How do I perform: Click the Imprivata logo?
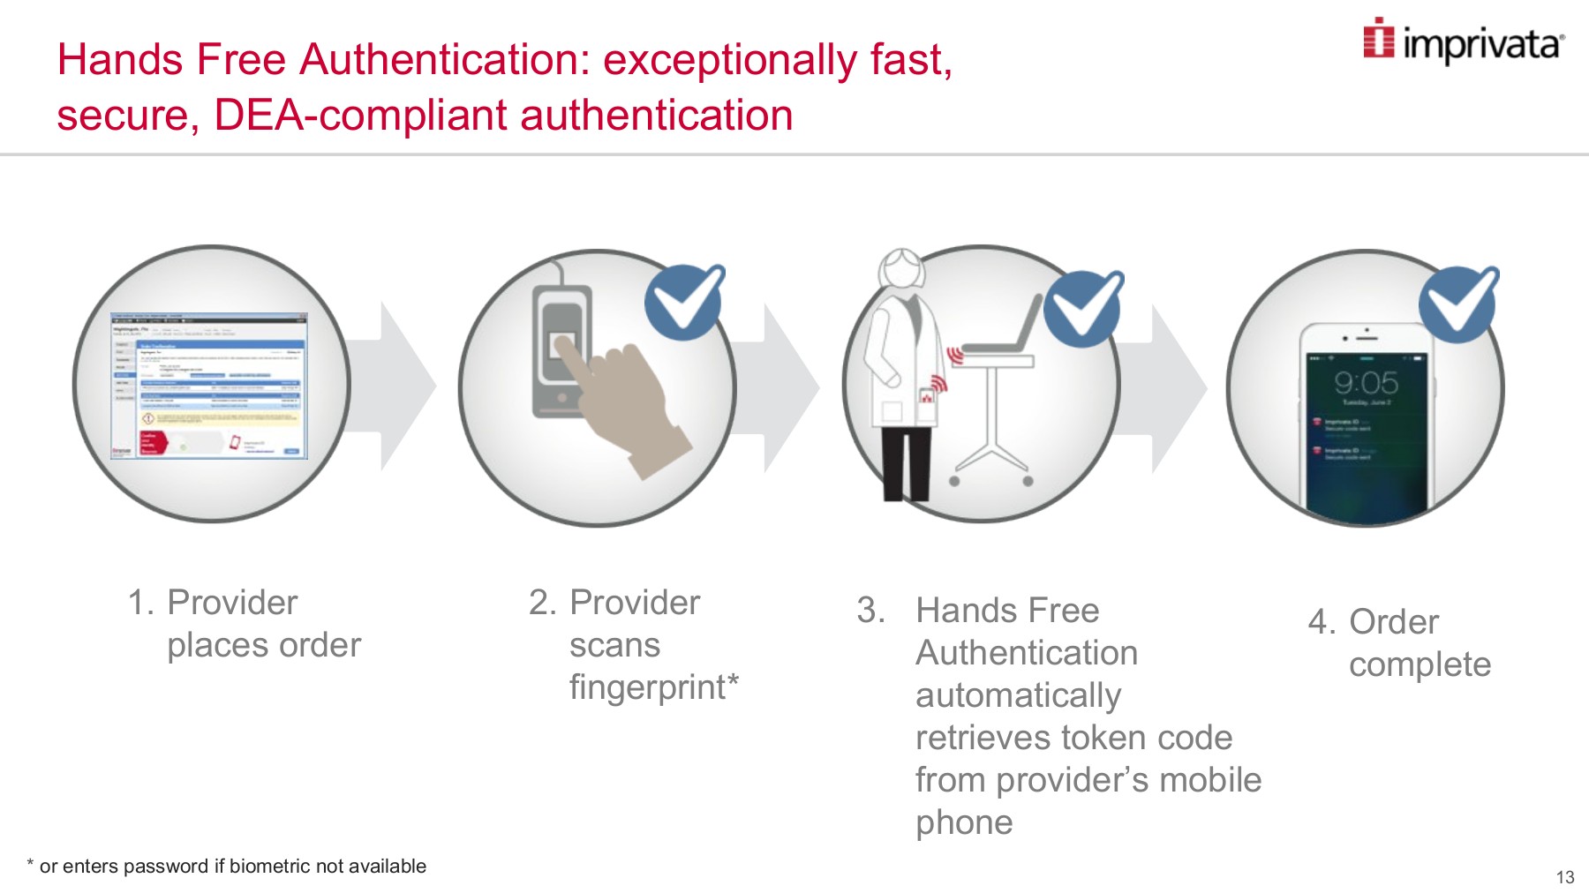pyautogui.click(x=1464, y=41)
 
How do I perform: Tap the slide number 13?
pyautogui.click(x=1564, y=877)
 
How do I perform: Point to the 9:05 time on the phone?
pyautogui.click(x=1366, y=383)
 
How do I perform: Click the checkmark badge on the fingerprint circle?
pyautogui.click(x=684, y=302)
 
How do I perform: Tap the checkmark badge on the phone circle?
pyautogui.click(x=1458, y=304)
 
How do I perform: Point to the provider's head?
pyautogui.click(x=901, y=269)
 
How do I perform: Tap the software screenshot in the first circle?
pyautogui.click(x=209, y=385)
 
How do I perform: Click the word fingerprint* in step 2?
pyautogui.click(x=653, y=687)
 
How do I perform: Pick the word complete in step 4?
pyautogui.click(x=1420, y=664)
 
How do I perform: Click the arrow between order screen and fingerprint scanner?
pyautogui.click(x=402, y=386)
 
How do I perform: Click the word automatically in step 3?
pyautogui.click(x=1018, y=695)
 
